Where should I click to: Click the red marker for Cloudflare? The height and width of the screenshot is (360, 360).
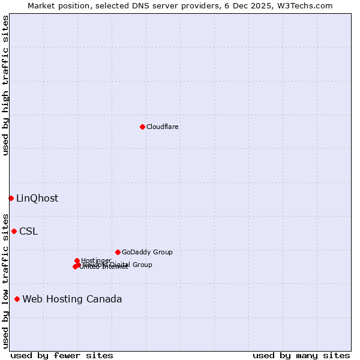(142, 127)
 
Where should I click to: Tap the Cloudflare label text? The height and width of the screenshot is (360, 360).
(162, 127)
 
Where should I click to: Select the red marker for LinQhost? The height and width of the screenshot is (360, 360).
(11, 198)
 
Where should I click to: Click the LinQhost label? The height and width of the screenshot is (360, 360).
(37, 199)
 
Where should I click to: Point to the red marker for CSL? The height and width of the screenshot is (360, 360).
(14, 231)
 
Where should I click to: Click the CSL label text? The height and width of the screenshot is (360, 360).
(28, 232)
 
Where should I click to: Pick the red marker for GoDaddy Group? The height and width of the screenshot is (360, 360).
(118, 252)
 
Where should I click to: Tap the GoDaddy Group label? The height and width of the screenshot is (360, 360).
(147, 252)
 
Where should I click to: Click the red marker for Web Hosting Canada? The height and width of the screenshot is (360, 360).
(17, 299)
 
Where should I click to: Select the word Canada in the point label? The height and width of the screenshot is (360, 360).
(104, 299)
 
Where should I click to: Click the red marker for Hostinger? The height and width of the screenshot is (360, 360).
(77, 260)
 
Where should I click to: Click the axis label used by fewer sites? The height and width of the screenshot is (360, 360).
(62, 355)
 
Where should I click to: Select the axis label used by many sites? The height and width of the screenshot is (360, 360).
(301, 355)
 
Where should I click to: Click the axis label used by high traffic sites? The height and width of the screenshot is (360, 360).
(5, 85)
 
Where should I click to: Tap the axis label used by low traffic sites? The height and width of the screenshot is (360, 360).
(5, 280)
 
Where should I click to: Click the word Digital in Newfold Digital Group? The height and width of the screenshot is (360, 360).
(119, 265)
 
